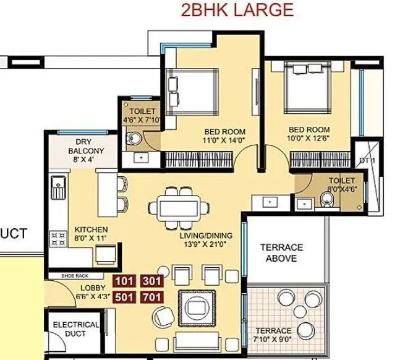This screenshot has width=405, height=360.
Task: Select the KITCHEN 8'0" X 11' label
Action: pyautogui.click(x=91, y=233)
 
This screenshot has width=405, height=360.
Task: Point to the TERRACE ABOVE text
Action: pyautogui.click(x=281, y=252)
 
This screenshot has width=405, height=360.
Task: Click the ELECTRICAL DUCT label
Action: pyautogui.click(x=76, y=330)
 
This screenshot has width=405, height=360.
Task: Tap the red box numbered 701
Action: pyautogui.click(x=151, y=297)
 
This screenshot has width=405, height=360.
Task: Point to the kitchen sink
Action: pyautogui.click(x=59, y=186)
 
